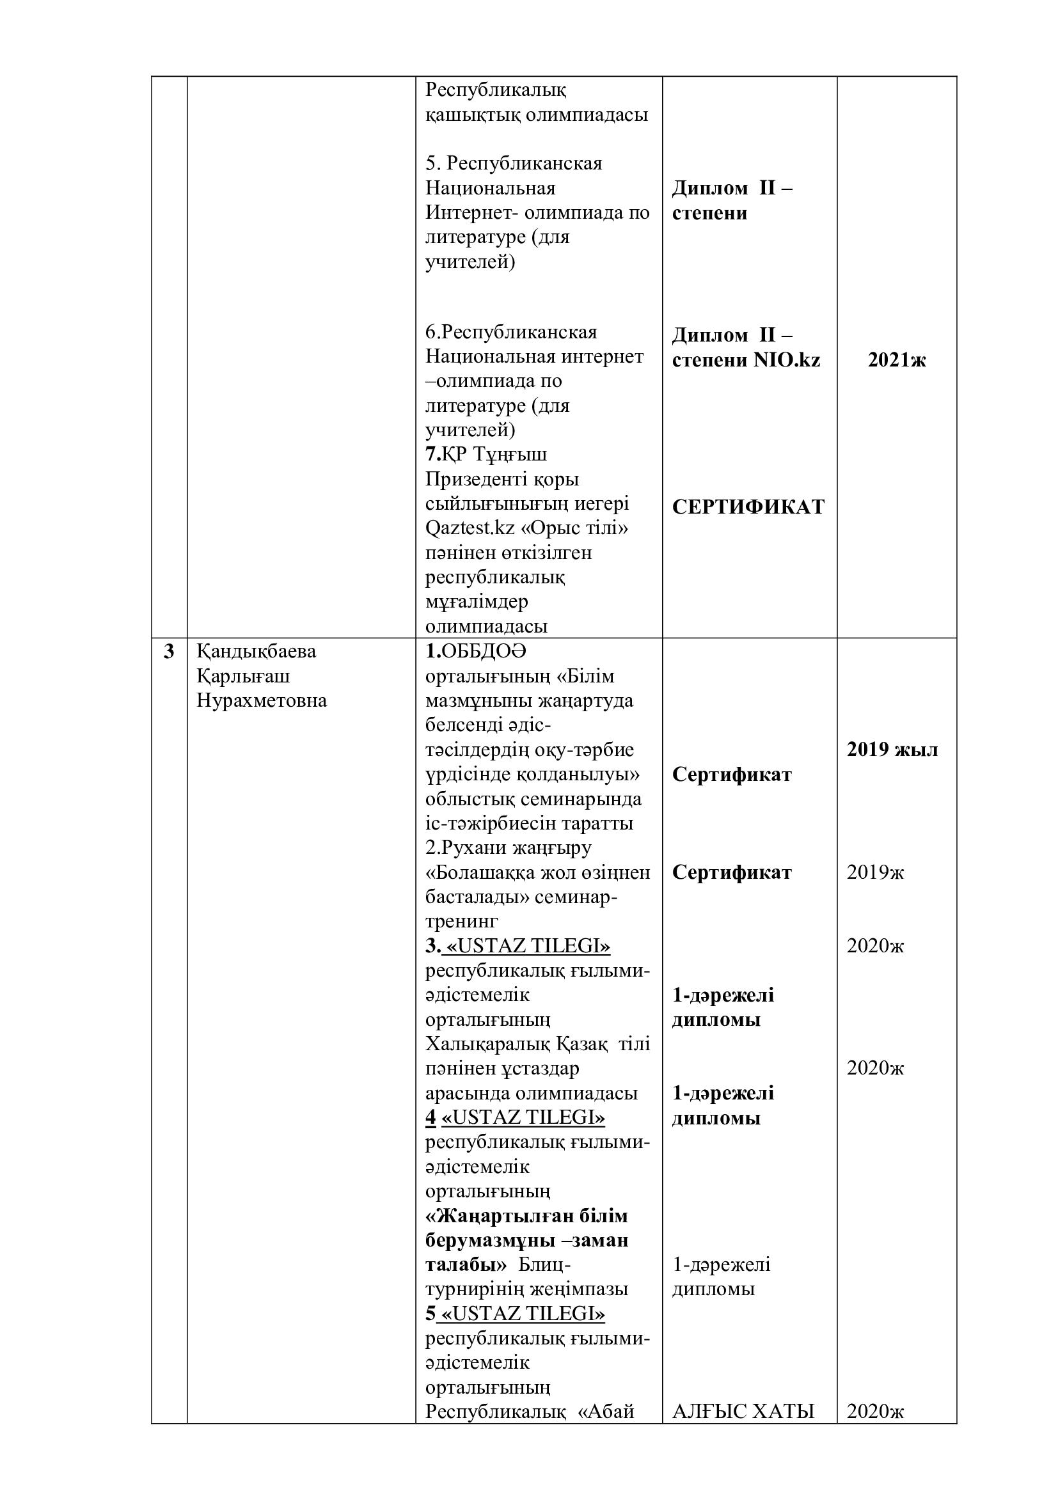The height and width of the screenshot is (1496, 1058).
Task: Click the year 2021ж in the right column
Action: pos(896,360)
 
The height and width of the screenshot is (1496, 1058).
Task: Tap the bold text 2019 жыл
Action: pos(892,750)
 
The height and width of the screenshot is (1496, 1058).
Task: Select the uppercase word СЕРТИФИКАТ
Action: pos(748,507)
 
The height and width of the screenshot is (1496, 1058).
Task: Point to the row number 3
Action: pos(169,652)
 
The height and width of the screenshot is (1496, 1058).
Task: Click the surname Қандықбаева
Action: pos(256,652)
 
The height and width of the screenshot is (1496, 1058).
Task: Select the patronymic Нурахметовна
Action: pos(261,701)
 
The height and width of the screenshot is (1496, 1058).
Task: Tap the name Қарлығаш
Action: pos(243,676)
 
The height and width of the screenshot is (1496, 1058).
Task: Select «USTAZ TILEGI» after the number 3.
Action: pos(528,946)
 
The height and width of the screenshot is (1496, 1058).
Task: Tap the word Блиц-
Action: pos(544,1264)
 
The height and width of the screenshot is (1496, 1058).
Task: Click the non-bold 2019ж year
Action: pos(875,872)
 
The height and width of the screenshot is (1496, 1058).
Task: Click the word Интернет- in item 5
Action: pos(470,213)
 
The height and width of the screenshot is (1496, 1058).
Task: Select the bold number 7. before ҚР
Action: pos(432,454)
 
